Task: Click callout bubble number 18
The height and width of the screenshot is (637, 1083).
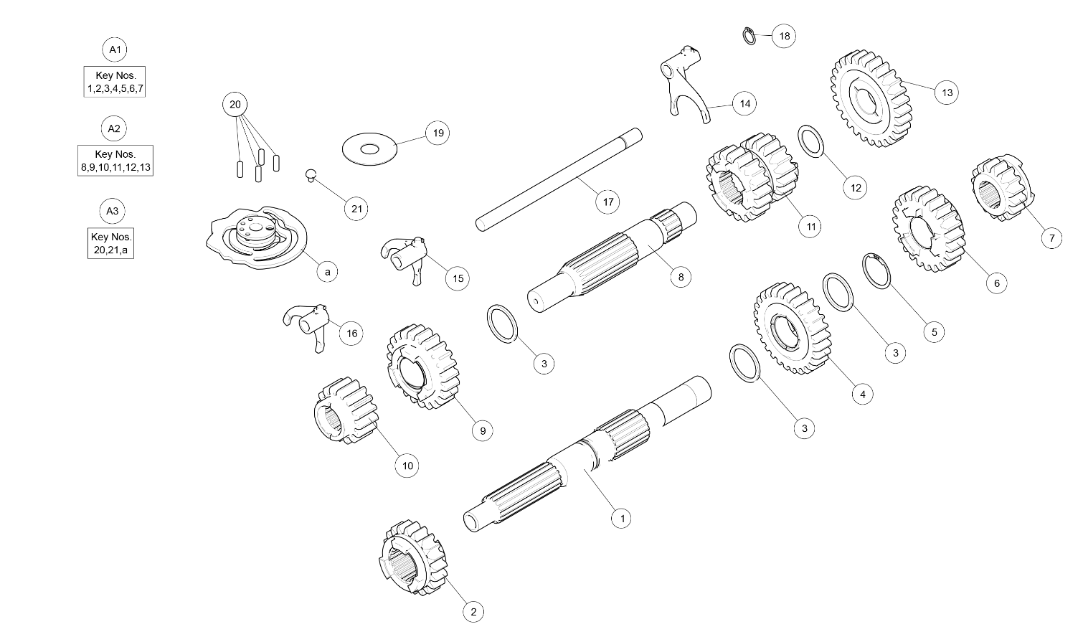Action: pos(784,36)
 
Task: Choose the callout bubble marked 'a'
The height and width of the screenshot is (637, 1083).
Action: pos(327,272)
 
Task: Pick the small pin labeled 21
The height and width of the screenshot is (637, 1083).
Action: pos(311,175)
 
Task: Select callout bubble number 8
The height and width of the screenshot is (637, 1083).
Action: pos(681,277)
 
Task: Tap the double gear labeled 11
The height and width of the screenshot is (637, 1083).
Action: pos(752,176)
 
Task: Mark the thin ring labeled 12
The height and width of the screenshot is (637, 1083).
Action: pos(810,141)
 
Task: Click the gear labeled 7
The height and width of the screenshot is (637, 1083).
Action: pos(1003,188)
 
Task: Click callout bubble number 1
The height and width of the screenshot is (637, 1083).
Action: pos(621,518)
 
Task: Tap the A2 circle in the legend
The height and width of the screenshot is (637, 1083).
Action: pos(113,128)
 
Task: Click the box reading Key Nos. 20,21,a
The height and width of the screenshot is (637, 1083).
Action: pos(110,243)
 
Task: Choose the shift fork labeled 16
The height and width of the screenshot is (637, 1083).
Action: pos(307,327)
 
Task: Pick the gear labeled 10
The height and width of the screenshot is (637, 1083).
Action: pos(346,410)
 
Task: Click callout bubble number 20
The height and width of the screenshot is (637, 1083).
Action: pos(235,104)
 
